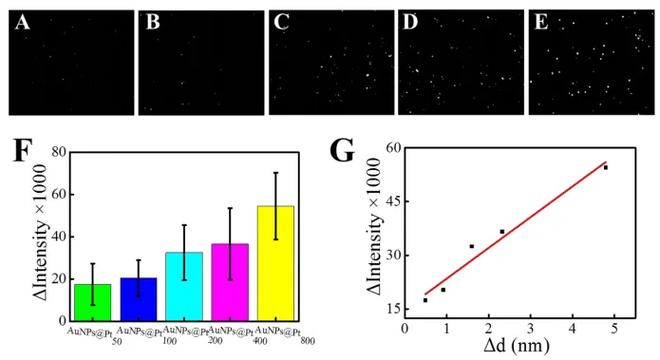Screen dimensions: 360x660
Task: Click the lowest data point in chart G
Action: (425, 300)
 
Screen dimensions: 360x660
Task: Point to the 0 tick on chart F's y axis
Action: (59, 321)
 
